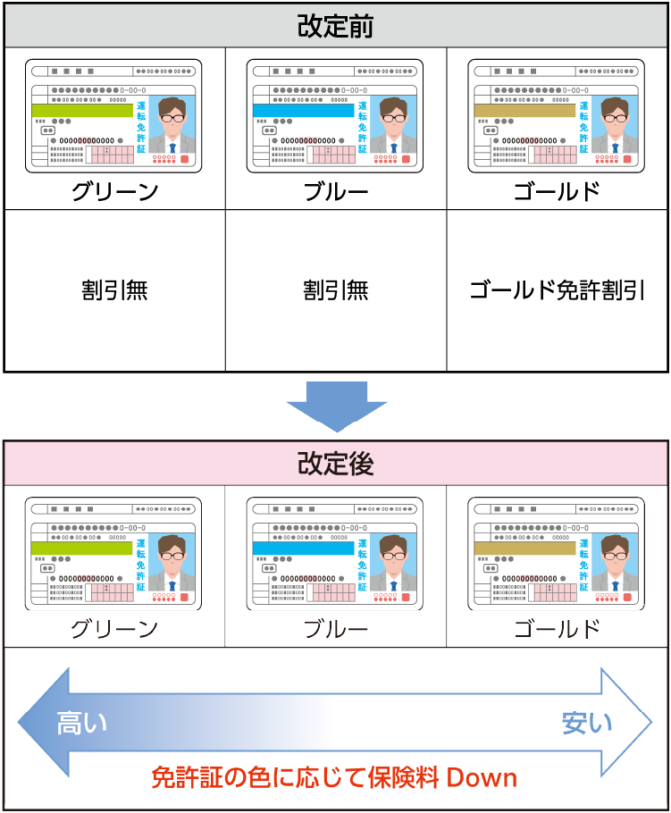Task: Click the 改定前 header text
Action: (335, 26)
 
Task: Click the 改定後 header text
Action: (335, 464)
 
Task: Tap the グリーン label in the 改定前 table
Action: (114, 190)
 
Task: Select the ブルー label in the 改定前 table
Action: (336, 190)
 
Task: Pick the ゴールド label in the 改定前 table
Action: (557, 190)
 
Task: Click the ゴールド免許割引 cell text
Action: (557, 290)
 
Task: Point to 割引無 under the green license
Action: (114, 290)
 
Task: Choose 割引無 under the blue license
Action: (336, 290)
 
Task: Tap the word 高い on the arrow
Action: (82, 722)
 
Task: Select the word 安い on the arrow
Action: (587, 722)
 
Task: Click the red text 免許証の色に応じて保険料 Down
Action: (335, 776)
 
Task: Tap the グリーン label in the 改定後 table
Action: (114, 629)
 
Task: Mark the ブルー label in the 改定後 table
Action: (336, 629)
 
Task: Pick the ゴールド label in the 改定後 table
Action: (557, 629)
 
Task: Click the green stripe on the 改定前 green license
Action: (81, 111)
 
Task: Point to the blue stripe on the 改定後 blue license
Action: (303, 549)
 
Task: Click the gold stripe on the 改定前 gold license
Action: (524, 111)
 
